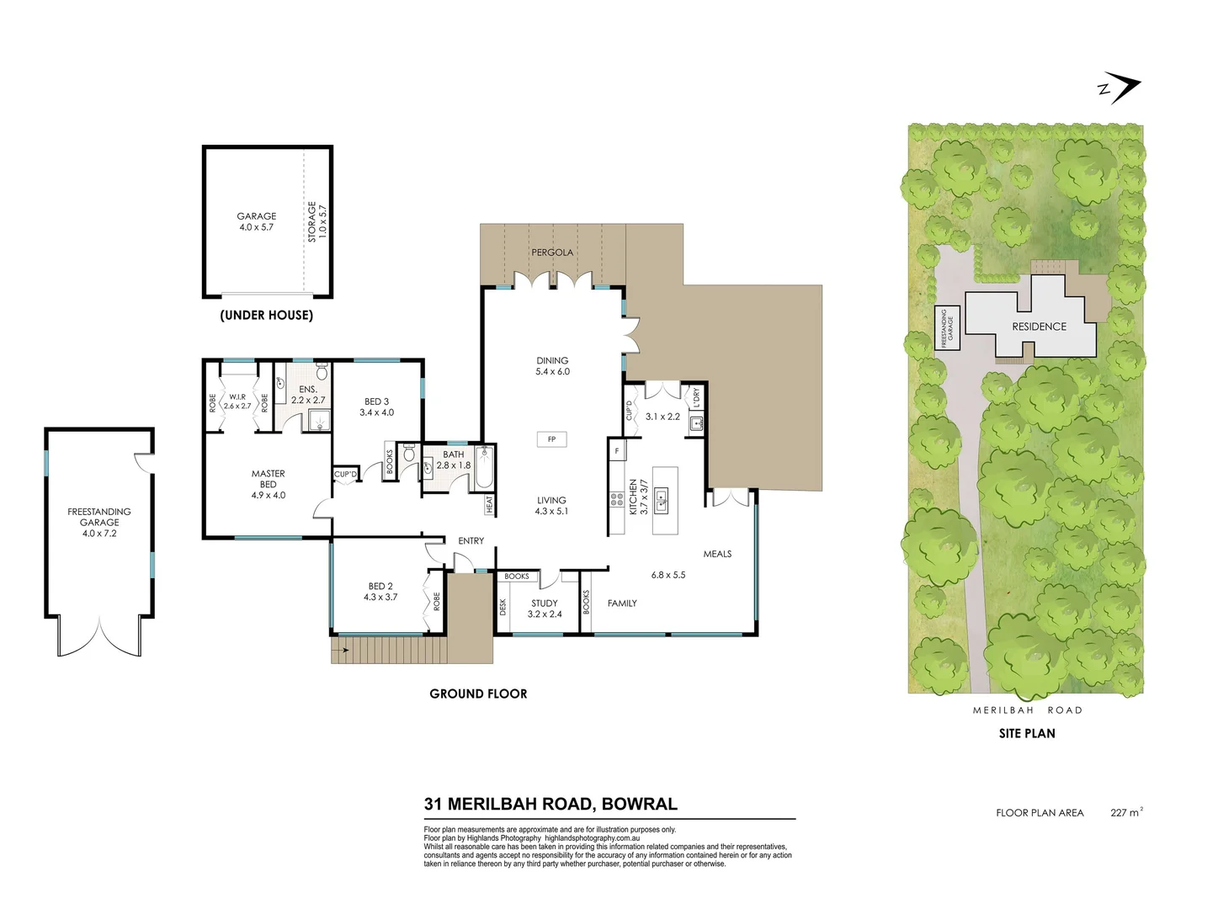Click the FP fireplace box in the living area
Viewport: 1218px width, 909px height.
click(551, 439)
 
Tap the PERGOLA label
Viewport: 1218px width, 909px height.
click(551, 252)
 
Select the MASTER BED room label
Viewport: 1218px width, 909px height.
click(268, 479)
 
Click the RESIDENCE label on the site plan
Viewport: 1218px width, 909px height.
click(1039, 327)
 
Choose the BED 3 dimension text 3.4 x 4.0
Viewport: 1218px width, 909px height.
click(376, 413)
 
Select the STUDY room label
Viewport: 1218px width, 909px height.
click(545, 603)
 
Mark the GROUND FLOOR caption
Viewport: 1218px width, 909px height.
click(478, 694)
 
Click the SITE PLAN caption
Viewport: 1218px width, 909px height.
click(1026, 734)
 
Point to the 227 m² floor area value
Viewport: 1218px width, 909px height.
click(1125, 812)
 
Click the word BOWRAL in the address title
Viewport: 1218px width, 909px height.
click(640, 804)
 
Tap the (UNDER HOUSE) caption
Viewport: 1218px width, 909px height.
click(266, 316)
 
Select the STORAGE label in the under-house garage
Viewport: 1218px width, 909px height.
click(312, 221)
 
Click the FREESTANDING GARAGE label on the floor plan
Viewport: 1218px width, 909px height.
click(99, 517)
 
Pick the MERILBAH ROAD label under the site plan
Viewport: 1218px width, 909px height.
click(1027, 710)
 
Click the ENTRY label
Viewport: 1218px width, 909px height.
click(471, 541)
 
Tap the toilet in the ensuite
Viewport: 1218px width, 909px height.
click(321, 373)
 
